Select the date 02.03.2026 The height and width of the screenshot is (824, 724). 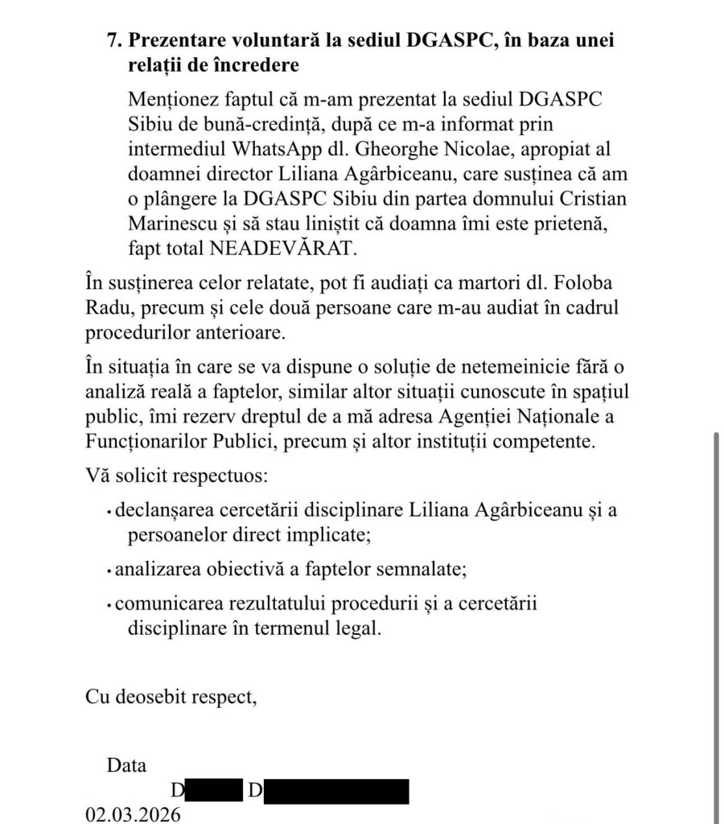(x=134, y=814)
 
